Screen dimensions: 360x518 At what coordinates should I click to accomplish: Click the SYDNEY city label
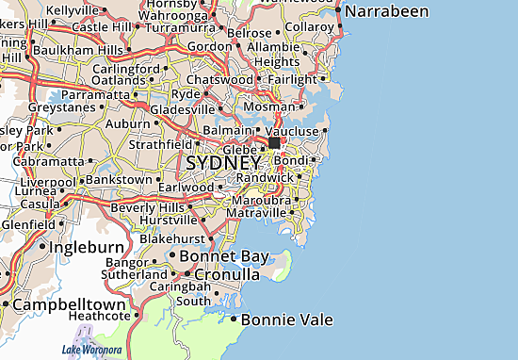[x=223, y=163]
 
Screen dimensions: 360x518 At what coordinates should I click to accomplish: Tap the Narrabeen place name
[x=386, y=12]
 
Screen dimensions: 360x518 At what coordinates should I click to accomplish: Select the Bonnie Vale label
[x=287, y=320]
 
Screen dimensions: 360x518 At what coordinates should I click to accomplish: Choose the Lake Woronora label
[x=92, y=351]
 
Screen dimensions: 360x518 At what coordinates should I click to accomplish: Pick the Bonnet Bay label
[x=219, y=256]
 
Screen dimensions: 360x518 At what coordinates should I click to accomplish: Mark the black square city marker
[x=274, y=143]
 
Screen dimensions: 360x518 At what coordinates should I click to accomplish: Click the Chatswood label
[x=219, y=80]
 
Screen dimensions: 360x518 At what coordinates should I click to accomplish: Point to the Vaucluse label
[x=294, y=131]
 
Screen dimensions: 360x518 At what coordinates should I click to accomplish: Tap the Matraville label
[x=256, y=213]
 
